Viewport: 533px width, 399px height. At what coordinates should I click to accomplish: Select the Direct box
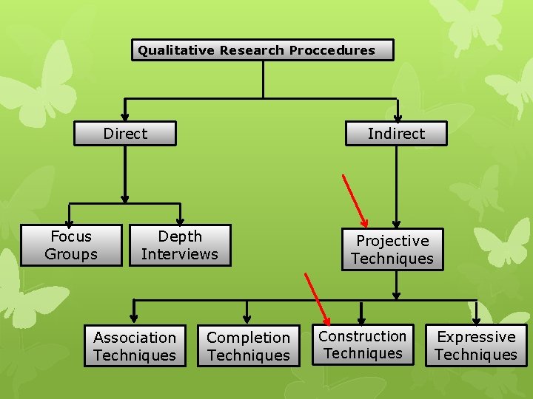125,134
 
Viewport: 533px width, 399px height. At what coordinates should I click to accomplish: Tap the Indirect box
397,134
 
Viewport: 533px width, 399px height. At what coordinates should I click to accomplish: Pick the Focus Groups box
70,245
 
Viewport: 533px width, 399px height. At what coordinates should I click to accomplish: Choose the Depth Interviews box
180,245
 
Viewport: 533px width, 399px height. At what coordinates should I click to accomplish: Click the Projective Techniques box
392,250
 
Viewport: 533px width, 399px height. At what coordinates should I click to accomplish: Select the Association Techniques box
135,347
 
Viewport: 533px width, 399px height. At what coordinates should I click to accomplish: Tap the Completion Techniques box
249,347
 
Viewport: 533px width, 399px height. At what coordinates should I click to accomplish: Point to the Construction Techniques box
363,345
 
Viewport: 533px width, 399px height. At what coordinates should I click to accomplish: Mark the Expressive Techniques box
476,346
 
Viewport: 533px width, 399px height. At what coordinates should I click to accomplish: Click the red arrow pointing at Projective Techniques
355,200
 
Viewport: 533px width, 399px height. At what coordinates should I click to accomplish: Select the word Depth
180,236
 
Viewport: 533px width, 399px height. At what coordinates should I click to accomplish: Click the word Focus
71,236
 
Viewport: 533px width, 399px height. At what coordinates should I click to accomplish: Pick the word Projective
392,241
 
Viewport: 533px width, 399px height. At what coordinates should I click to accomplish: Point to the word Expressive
476,337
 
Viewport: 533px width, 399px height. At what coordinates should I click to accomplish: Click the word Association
135,338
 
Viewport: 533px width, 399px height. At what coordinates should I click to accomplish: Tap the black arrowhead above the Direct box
125,116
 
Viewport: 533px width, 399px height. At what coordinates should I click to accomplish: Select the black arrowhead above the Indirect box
398,116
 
